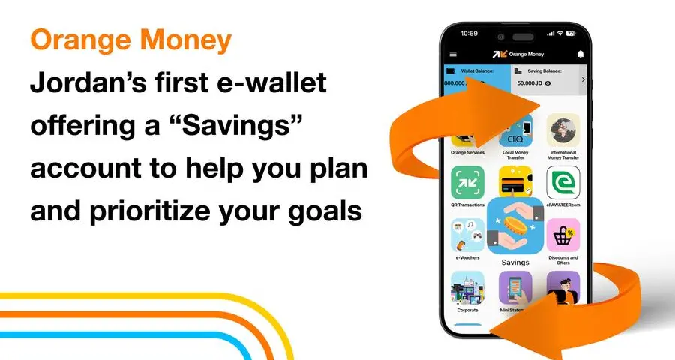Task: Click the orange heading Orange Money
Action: [130, 41]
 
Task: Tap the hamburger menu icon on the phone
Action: [452, 54]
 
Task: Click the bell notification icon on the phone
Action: [580, 54]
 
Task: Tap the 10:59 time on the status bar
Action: [469, 33]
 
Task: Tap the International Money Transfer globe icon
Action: [563, 130]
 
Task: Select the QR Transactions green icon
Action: [467, 182]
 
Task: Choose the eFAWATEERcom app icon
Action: [563, 182]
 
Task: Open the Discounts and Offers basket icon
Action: [563, 235]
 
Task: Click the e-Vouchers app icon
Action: [467, 235]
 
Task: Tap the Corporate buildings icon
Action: [467, 287]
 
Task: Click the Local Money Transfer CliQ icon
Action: [516, 132]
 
